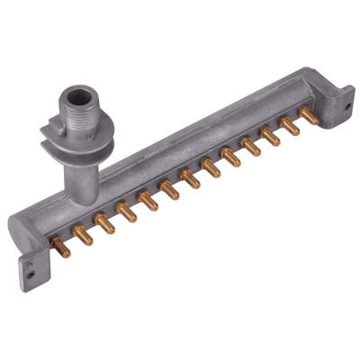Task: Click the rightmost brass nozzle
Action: coord(311,118)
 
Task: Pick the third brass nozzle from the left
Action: coord(104,224)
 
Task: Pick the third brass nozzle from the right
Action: coord(271,139)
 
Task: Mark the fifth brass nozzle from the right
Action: coord(230,159)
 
